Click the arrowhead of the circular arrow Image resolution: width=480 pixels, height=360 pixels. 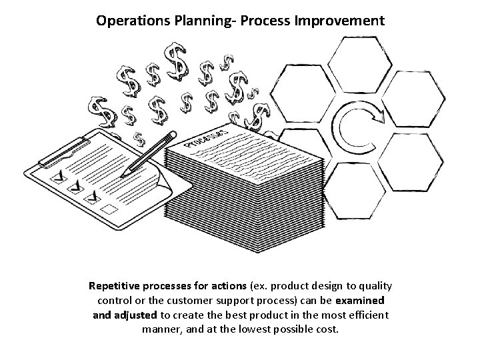[x=378, y=119]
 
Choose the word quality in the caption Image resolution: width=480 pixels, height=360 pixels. [x=373, y=286]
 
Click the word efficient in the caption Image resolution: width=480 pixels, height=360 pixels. [x=367, y=315]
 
